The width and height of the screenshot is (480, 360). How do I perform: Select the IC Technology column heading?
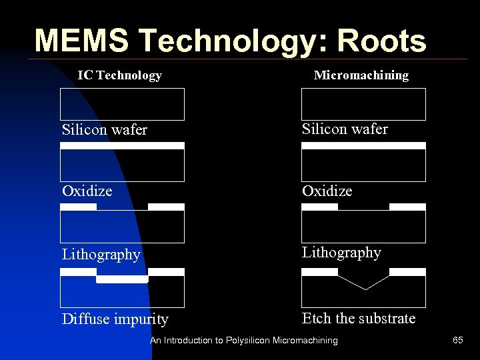pos(119,75)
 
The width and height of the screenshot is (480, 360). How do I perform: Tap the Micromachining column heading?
pos(361,75)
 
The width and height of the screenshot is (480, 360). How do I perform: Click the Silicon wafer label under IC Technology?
pos(104,129)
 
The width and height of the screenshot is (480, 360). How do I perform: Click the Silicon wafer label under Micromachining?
pos(345,129)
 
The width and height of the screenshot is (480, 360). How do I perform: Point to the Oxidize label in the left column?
pos(87,191)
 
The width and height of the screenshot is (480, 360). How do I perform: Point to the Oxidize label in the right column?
pos(327,191)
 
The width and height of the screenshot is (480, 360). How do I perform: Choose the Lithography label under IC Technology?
pos(101,255)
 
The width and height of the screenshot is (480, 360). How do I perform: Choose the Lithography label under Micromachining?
pos(341,253)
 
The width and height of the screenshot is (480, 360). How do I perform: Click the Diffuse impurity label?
pos(115,319)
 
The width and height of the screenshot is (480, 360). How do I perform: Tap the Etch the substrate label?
pos(358,318)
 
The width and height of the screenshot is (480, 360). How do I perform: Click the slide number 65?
pos(457,341)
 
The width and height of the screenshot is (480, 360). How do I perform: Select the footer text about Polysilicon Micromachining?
pos(243,341)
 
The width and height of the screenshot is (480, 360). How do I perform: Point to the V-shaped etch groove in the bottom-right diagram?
pos(365,284)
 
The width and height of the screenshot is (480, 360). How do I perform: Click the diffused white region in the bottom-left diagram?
pos(121,280)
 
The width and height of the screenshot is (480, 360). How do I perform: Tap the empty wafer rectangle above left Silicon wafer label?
pos(122,104)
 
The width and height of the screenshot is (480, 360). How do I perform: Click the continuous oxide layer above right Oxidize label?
pos(363,145)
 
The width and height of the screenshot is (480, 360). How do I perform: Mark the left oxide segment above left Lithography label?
pos(79,207)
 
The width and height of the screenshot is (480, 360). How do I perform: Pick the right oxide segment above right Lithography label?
pos(407,207)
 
